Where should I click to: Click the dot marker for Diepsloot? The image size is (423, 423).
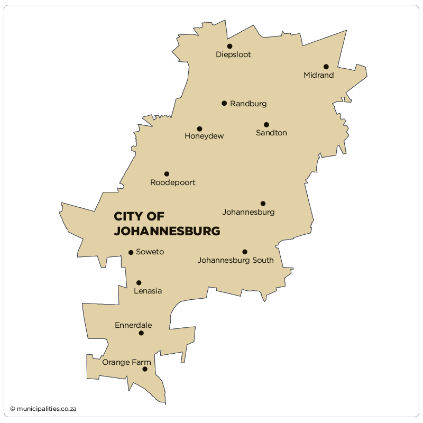point(229,46)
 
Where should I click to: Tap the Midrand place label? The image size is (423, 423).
point(318,76)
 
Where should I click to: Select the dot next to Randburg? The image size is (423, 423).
point(224,103)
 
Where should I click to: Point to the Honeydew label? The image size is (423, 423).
point(204,136)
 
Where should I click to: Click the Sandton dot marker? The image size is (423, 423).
point(266,125)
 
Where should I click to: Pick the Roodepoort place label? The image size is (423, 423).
point(173,183)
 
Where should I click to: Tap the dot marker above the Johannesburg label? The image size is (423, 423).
point(263,204)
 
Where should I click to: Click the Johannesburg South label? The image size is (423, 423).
point(235,260)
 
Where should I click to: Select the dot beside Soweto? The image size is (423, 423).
point(131,252)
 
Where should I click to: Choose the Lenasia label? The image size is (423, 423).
point(148,291)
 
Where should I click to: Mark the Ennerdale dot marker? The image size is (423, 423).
point(141,333)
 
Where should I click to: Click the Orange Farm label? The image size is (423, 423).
point(126,363)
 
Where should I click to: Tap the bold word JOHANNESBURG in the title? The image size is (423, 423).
point(167,232)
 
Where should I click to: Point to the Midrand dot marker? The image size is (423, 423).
point(326,67)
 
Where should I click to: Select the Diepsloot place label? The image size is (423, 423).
point(233,55)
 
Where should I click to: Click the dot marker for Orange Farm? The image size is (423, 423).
point(145,369)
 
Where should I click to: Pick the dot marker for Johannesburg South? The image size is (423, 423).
point(245,252)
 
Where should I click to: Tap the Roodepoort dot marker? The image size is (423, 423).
point(167,174)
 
